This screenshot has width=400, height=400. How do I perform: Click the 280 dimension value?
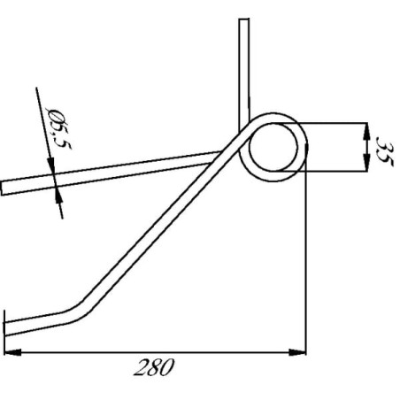pyautogui.click(x=154, y=367)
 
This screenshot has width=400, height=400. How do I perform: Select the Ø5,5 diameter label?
pyautogui.click(x=59, y=128)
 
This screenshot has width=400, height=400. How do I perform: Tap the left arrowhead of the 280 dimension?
pyautogui.click(x=13, y=352)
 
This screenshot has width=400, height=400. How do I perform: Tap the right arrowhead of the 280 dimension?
pyautogui.click(x=297, y=352)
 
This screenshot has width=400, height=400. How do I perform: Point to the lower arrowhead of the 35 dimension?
pyautogui.click(x=366, y=162)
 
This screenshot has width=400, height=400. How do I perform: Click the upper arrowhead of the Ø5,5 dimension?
pyautogui.click(x=51, y=165)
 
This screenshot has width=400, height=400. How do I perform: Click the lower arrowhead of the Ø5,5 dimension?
pyautogui.click(x=59, y=196)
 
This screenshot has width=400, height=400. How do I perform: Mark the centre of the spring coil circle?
pyautogui.click(x=273, y=147)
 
